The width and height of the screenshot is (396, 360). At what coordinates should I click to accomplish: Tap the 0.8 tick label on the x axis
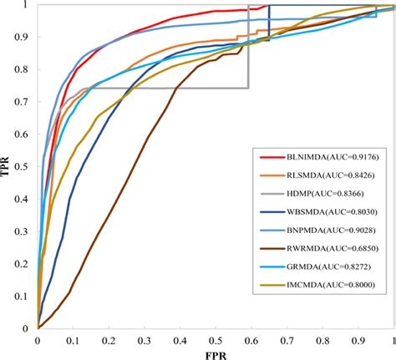point(322,340)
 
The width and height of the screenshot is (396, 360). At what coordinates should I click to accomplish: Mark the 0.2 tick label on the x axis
point(109,340)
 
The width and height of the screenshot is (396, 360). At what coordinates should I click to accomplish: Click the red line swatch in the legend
point(272,156)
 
